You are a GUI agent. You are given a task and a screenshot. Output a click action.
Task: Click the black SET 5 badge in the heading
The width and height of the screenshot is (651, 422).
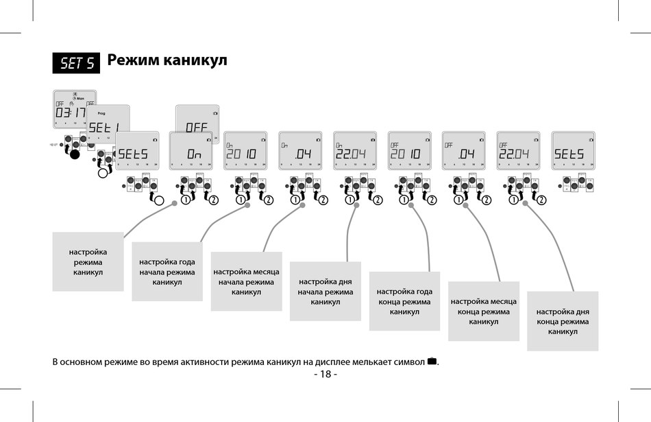point(77,63)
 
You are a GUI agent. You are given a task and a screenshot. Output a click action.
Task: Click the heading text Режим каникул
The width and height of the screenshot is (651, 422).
point(167,60)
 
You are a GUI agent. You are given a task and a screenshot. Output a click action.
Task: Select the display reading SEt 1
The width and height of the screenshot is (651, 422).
point(108,124)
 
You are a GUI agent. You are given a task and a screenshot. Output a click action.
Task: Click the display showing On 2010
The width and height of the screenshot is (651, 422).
point(245,151)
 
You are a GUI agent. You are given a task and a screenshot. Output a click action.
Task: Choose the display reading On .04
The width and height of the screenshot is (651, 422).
point(300,151)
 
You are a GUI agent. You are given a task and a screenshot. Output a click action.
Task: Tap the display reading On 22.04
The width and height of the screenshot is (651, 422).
point(354,151)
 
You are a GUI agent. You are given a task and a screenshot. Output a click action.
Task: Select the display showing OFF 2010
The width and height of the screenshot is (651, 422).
point(409,151)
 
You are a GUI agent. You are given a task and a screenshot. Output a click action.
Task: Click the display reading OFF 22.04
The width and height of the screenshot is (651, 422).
point(517,151)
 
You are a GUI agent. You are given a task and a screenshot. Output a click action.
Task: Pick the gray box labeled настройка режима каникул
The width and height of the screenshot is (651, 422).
point(88,262)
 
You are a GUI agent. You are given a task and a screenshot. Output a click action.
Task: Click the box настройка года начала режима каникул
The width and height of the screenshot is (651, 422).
point(167,272)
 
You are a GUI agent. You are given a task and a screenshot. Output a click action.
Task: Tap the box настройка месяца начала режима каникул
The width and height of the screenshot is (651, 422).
point(246,282)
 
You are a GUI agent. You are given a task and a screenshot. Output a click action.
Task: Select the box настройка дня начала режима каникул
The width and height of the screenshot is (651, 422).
point(325,292)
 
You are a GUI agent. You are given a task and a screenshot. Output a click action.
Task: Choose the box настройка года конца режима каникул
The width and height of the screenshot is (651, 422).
point(404,302)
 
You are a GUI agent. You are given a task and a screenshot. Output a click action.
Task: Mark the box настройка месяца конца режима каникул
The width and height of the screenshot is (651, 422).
point(484,312)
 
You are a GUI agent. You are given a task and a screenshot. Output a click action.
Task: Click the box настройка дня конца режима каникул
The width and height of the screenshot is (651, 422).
point(563,321)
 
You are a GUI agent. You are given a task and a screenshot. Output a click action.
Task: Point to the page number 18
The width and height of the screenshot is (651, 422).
point(325,374)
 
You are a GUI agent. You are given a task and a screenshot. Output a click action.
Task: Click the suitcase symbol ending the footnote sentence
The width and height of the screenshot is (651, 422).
point(431,361)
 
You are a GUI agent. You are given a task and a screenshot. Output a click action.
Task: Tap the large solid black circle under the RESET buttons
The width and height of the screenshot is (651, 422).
point(75,154)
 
